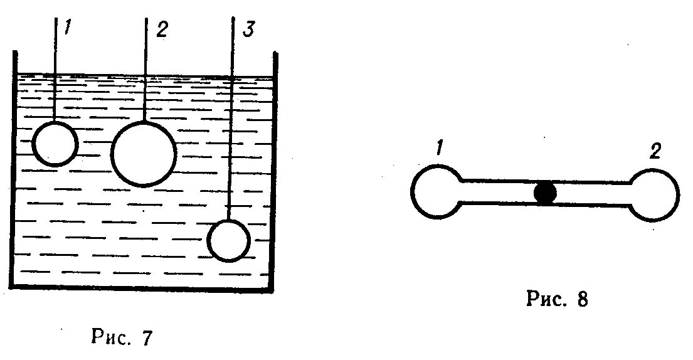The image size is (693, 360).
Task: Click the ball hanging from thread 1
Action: click(x=55, y=144)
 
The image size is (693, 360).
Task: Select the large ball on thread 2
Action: click(x=144, y=154)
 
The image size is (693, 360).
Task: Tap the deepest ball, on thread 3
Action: click(x=229, y=240)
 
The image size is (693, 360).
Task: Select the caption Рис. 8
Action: click(x=557, y=299)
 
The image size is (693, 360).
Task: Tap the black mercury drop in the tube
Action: click(x=545, y=193)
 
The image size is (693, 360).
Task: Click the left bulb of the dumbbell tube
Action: click(x=435, y=192)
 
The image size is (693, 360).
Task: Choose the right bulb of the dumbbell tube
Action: click(x=654, y=194)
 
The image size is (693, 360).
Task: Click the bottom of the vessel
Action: click(x=144, y=289)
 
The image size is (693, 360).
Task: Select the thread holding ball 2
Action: click(x=145, y=69)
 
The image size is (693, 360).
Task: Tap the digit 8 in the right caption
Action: click(x=582, y=299)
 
